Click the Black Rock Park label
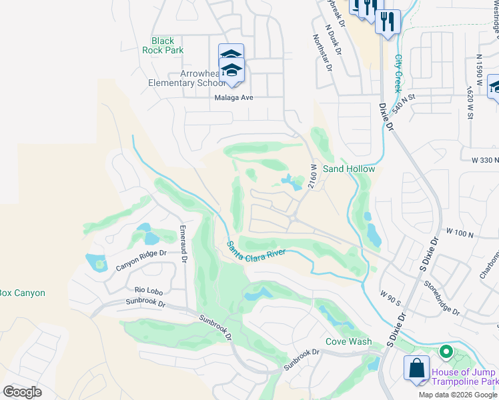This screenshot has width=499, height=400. coord(163,45)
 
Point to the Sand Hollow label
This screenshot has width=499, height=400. coord(349,169)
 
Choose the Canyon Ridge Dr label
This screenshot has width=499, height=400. coord(141,259)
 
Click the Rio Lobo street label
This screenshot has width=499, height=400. coord(149,289)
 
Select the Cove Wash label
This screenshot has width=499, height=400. coord(348,341)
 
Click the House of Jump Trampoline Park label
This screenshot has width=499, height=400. coord(464,377)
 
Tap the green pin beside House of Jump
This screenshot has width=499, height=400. coord(446,352)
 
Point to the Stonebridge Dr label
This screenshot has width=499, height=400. coord(441,297)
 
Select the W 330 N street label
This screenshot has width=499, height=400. coord(484,161)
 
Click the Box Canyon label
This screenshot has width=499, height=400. coord(22,293)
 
